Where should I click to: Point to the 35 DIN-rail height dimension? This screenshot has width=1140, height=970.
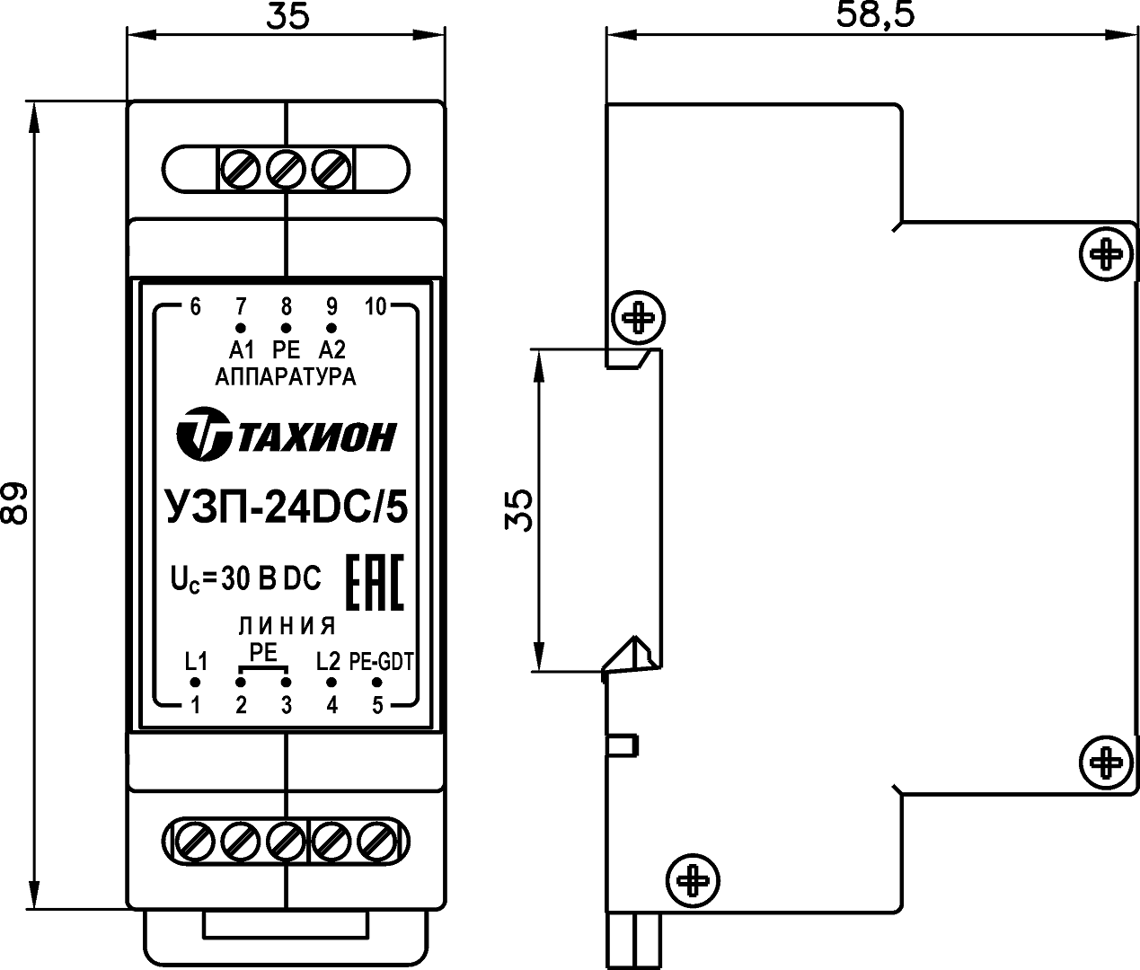click(x=521, y=510)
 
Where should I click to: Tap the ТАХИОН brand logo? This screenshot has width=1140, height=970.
click(x=286, y=435)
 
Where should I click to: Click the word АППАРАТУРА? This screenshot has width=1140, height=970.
click(x=286, y=377)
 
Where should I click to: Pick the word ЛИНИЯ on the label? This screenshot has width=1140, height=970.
click(x=287, y=626)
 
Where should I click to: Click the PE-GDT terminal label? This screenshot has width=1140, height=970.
click(x=382, y=663)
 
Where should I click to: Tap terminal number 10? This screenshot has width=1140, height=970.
click(x=376, y=307)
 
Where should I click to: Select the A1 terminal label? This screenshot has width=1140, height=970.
click(x=242, y=350)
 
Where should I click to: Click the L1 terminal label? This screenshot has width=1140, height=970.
click(x=196, y=663)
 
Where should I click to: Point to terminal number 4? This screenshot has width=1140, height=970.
click(x=331, y=705)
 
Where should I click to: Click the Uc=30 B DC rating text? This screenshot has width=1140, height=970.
click(x=245, y=580)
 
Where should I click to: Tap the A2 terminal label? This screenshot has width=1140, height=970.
click(x=331, y=350)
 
